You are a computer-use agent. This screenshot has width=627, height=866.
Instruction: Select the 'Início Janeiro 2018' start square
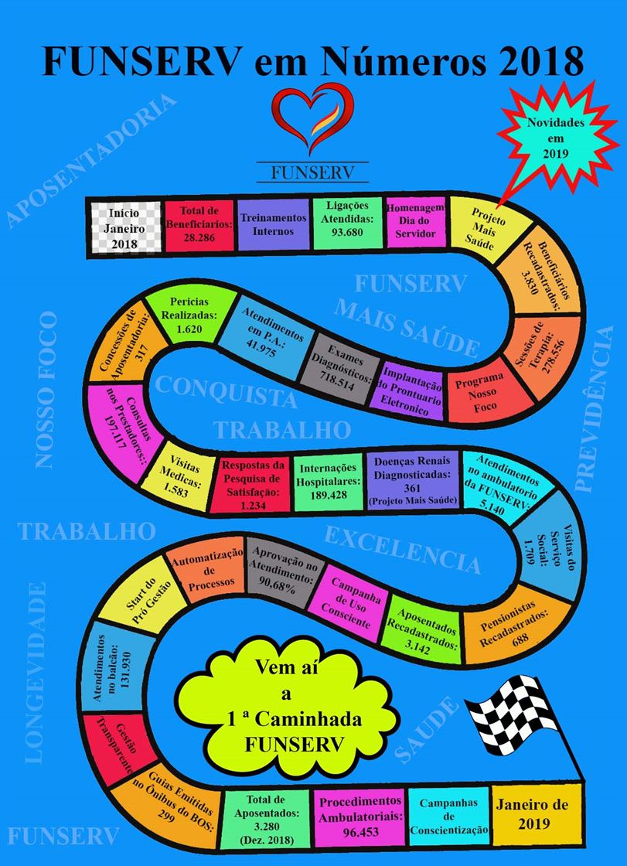click(x=122, y=227)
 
